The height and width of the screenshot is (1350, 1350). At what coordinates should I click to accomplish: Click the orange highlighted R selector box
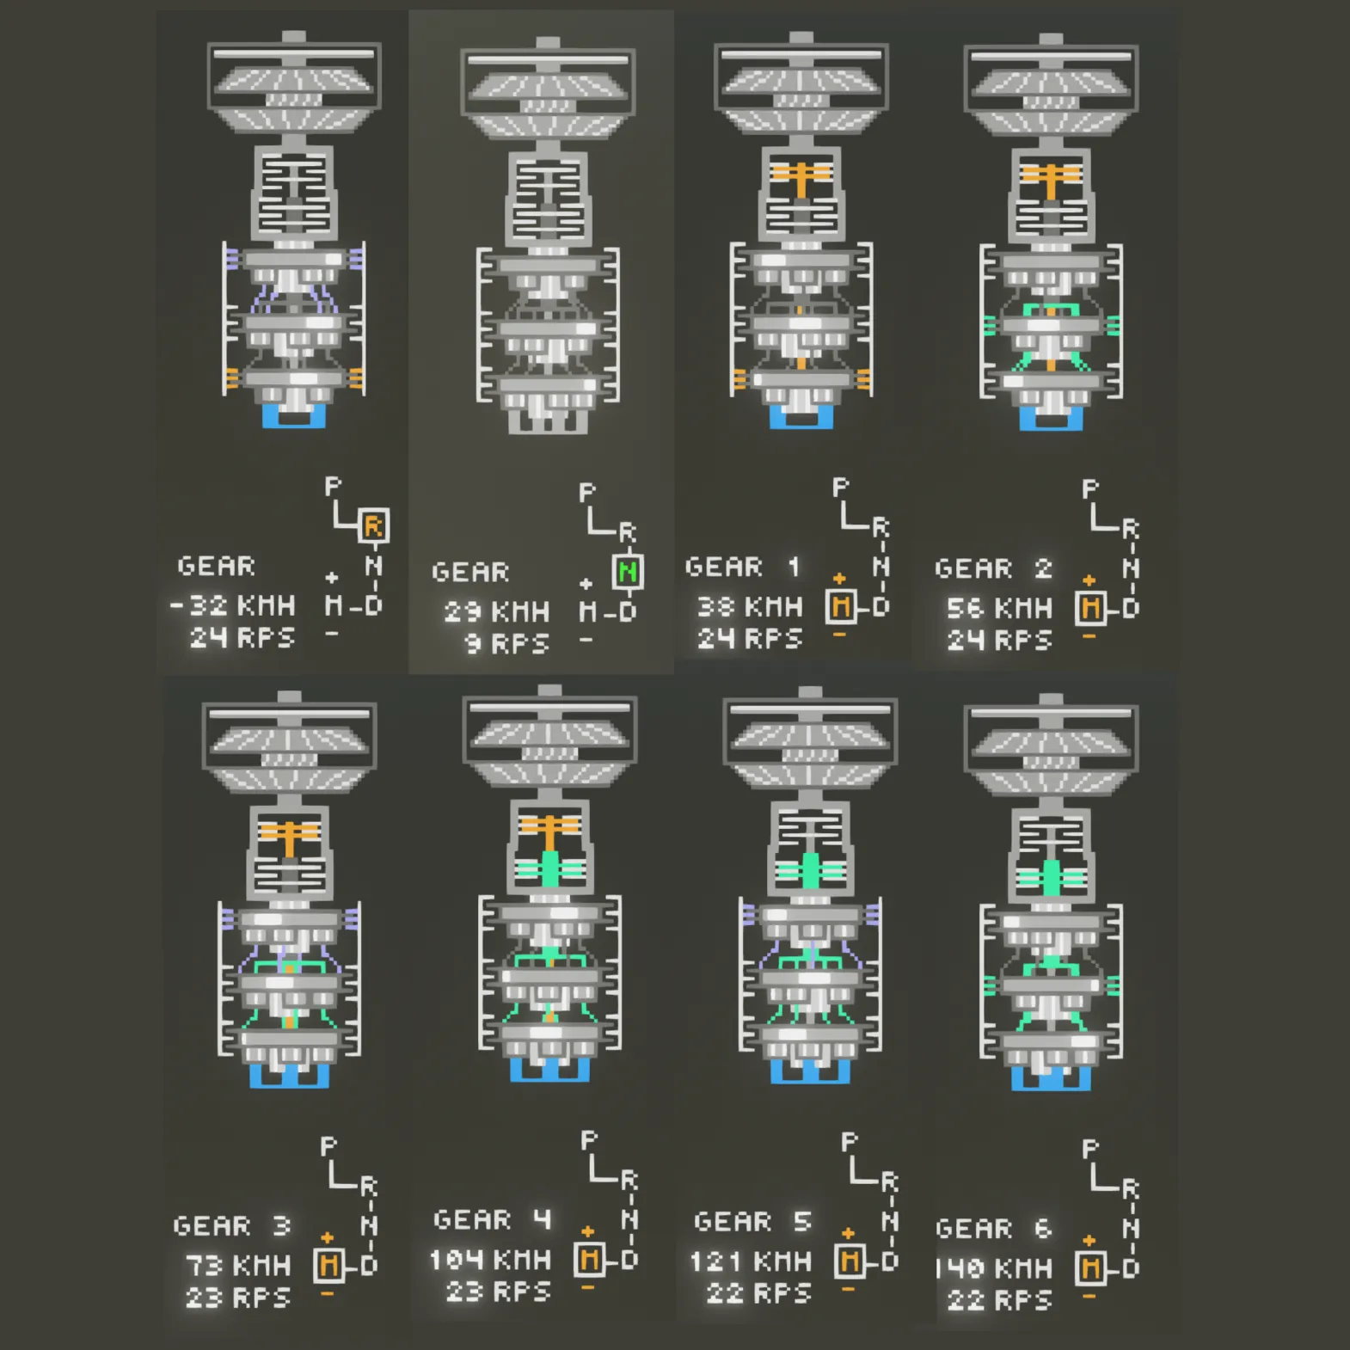373,525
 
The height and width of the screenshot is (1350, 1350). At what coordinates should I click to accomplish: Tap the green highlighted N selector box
628,572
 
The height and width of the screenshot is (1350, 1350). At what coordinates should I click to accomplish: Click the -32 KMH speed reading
233,605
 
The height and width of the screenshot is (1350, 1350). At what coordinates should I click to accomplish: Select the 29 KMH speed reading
496,612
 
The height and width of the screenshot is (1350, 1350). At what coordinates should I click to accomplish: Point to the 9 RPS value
506,644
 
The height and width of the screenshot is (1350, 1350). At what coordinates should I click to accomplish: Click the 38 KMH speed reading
749,607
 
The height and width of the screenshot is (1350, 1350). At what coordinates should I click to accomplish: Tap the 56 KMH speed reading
998,609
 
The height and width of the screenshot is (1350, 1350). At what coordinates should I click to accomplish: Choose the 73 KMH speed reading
237,1266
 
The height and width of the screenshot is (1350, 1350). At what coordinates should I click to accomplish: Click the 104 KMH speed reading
490,1261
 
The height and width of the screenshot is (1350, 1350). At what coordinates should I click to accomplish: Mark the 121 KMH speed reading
751,1262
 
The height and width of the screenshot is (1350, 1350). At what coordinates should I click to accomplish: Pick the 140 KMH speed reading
994,1268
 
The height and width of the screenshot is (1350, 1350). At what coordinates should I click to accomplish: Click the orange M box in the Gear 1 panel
841,607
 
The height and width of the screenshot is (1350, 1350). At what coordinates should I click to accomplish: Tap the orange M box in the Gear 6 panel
1091,1267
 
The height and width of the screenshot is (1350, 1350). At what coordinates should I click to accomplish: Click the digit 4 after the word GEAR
542,1219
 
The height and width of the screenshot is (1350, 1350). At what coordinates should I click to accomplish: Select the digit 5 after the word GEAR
802,1221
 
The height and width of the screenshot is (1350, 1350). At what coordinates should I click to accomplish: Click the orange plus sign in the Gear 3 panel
328,1237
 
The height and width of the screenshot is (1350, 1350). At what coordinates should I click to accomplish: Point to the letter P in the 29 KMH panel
587,493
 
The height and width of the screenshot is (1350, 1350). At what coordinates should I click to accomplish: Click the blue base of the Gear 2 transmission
1051,420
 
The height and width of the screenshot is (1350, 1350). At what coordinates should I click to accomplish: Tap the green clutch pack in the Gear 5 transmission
809,870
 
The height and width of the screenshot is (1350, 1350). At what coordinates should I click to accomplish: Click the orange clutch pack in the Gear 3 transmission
290,835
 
